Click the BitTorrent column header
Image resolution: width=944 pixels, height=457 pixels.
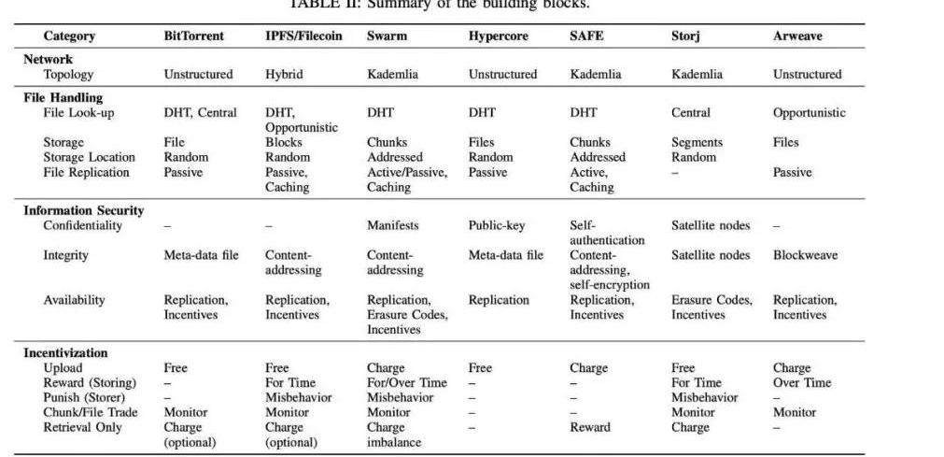click(x=193, y=36)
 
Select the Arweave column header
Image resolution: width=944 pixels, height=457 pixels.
click(x=798, y=36)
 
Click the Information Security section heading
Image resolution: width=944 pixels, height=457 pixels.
click(x=83, y=210)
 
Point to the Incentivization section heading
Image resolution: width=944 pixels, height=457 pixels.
click(x=65, y=352)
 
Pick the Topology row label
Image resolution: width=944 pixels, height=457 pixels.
click(x=68, y=74)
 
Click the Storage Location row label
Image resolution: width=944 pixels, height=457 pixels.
click(x=89, y=157)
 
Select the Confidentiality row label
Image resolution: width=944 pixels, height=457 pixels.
click(x=82, y=225)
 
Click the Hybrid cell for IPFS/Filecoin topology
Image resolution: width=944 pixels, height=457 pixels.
click(x=285, y=74)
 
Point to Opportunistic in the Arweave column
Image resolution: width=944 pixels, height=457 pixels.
click(x=809, y=112)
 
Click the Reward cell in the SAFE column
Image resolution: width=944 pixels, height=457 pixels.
click(x=590, y=427)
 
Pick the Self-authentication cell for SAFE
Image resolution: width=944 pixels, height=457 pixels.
click(x=607, y=233)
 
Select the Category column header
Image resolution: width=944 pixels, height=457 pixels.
click(x=69, y=36)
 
